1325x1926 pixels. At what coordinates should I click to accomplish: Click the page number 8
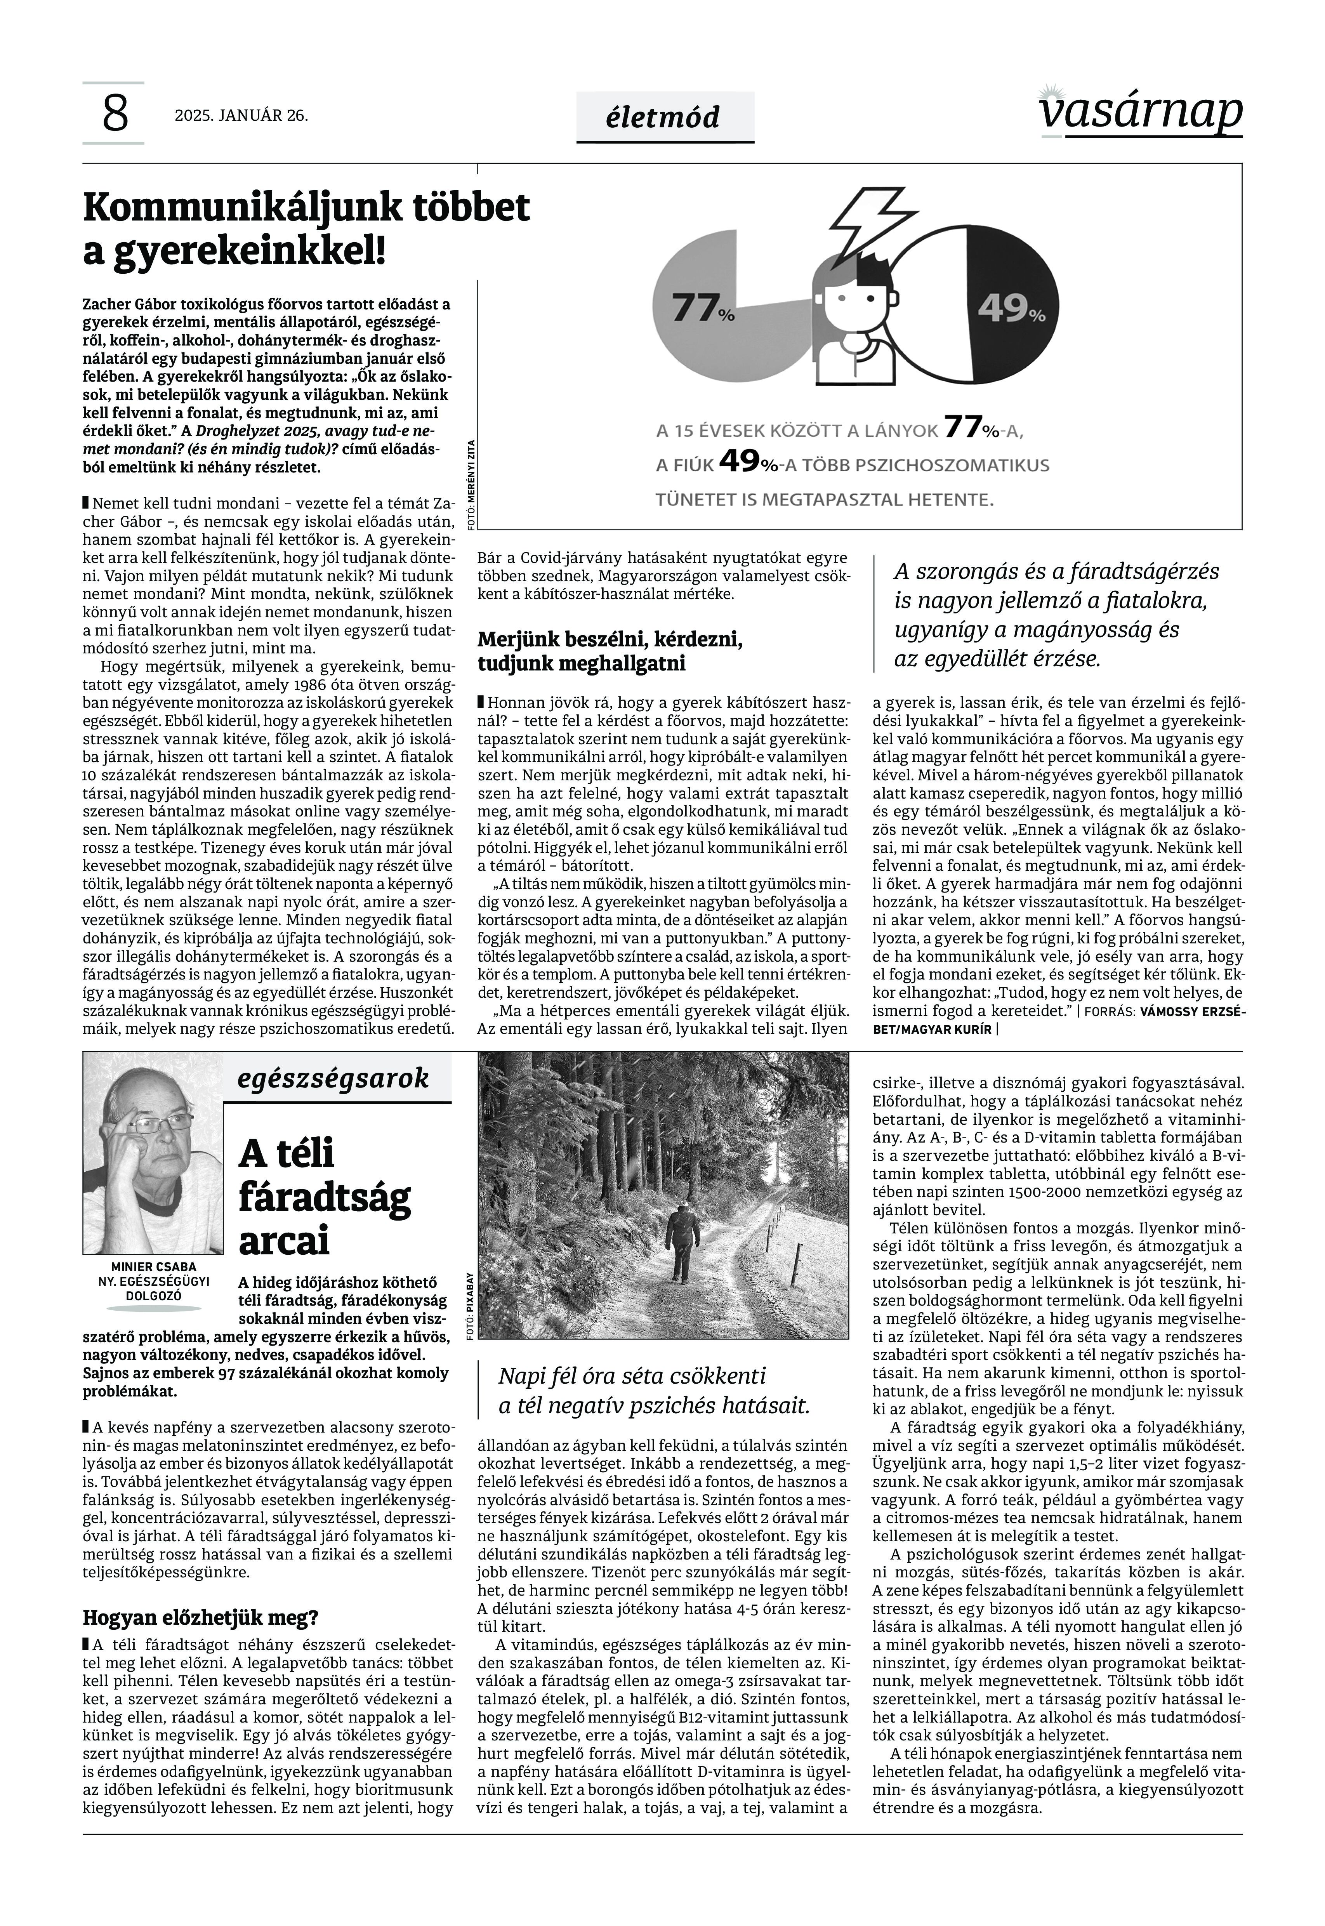[x=115, y=114]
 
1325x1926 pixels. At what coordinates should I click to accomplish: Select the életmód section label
[x=664, y=117]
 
